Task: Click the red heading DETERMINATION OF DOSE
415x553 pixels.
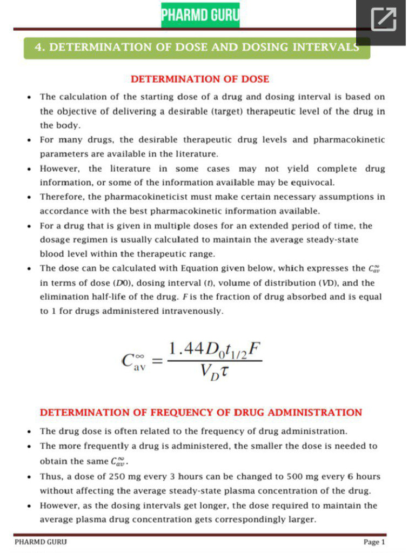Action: (x=200, y=79)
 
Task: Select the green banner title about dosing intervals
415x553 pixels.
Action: (x=197, y=47)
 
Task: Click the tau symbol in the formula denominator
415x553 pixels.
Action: (x=223, y=372)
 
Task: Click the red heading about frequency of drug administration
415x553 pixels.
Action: (x=201, y=413)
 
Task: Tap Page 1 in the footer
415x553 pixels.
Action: (x=374, y=542)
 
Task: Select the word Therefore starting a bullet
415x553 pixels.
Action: (x=62, y=197)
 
